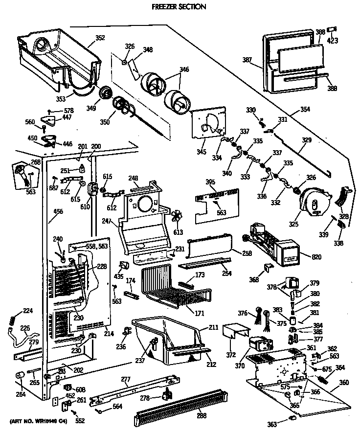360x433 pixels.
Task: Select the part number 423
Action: (x=333, y=41)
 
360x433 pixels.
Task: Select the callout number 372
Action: (x=231, y=354)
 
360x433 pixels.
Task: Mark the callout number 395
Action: (x=210, y=182)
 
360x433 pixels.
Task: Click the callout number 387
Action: (x=247, y=61)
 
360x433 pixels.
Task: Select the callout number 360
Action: (x=344, y=382)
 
